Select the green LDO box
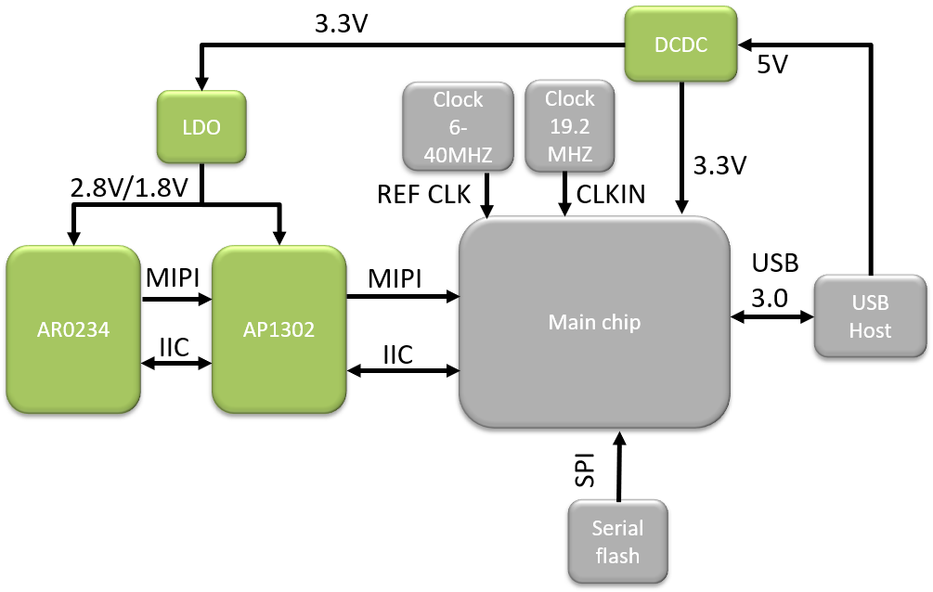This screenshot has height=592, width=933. click(201, 128)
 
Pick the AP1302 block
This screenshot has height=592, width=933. click(279, 328)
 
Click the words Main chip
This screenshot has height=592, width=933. click(594, 322)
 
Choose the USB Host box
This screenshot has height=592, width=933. click(870, 316)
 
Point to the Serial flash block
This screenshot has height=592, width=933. click(617, 542)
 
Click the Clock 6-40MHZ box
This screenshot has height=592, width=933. click(459, 127)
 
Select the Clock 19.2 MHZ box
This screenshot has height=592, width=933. click(569, 126)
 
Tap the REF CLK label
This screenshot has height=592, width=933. click(424, 194)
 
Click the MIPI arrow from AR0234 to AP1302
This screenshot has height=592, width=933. click(176, 299)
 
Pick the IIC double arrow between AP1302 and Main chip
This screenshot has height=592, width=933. click(404, 370)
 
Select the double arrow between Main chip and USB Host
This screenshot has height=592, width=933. click(772, 316)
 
